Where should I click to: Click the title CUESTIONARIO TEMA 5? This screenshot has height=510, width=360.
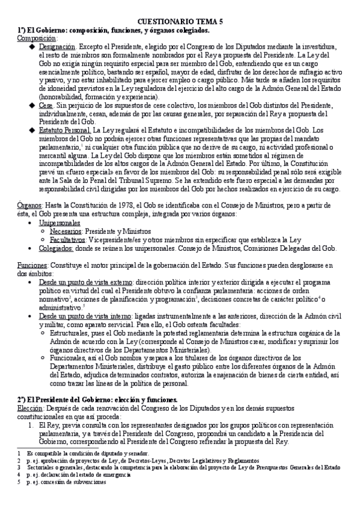coord(180,20)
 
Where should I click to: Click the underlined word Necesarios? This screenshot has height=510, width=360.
coord(67,231)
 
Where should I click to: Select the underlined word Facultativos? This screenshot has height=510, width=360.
coord(69,239)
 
